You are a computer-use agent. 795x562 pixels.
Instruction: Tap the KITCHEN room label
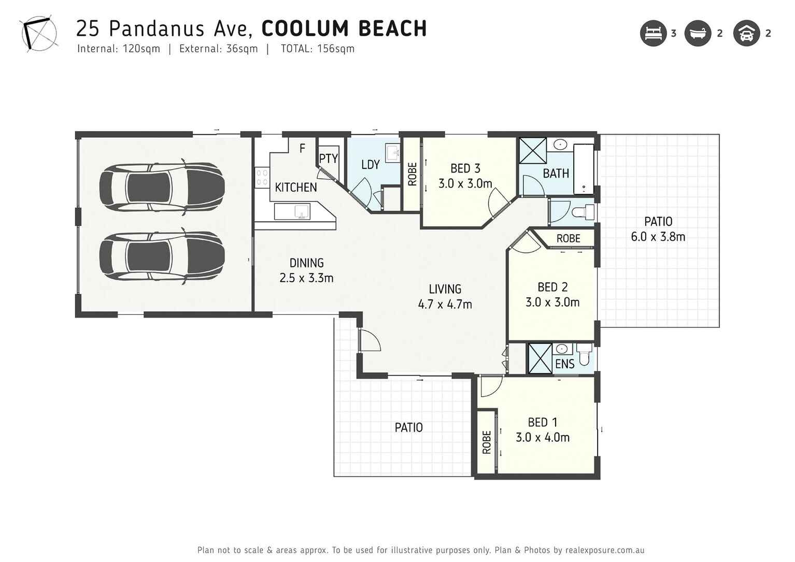click(x=295, y=188)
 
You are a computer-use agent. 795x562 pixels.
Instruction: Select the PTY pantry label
click(x=328, y=158)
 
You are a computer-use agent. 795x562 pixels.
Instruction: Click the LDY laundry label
click(x=370, y=165)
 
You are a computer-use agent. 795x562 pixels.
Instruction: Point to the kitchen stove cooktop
click(x=262, y=177)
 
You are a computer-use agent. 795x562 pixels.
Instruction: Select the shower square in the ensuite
click(x=540, y=358)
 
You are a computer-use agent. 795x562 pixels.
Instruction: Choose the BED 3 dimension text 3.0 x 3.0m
click(x=465, y=183)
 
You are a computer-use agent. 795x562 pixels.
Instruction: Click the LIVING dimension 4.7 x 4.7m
click(x=445, y=304)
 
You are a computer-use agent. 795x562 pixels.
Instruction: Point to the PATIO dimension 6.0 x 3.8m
click(x=658, y=237)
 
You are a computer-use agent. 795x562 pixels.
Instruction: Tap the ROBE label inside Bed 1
click(x=486, y=442)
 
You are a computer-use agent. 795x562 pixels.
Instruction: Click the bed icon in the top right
click(x=653, y=34)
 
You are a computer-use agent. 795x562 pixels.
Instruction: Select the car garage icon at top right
click(x=746, y=34)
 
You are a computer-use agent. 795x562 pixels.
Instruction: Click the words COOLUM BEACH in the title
click(x=344, y=28)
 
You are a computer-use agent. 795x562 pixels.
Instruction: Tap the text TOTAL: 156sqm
click(x=317, y=49)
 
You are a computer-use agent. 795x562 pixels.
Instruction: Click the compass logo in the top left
click(x=39, y=34)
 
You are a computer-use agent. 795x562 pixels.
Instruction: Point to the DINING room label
click(x=306, y=263)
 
